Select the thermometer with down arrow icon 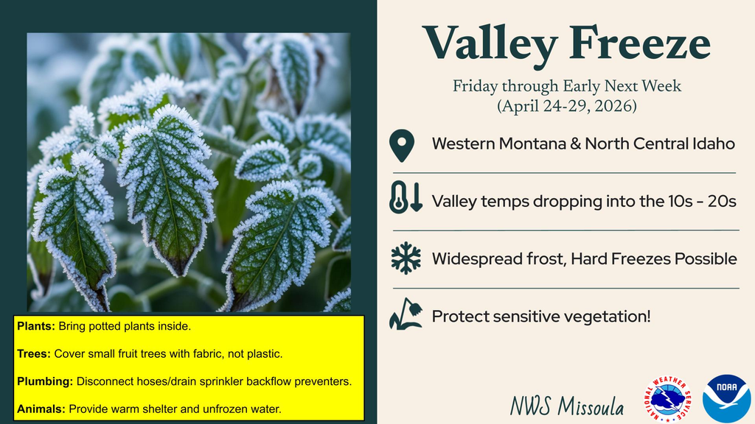coord(406,199)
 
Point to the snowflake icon coord(406,258)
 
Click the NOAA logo coord(726,398)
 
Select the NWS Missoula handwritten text coord(566,406)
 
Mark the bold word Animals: coord(41,409)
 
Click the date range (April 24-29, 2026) coord(566,106)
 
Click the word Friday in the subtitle coord(476,87)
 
